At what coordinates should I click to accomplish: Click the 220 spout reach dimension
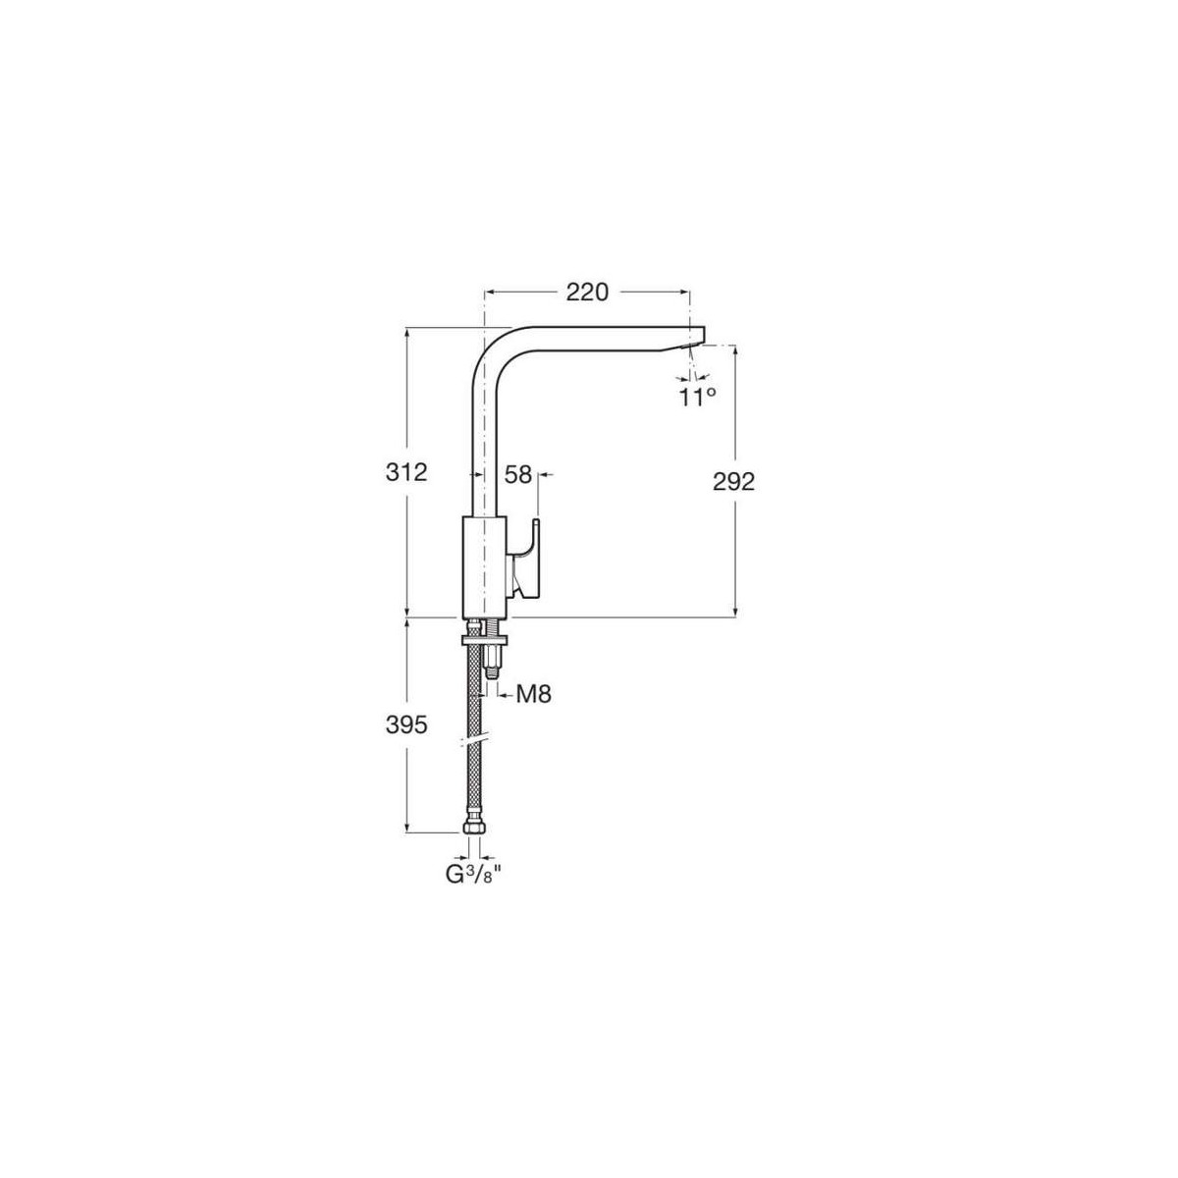(x=587, y=293)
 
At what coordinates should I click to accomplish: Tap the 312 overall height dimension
(x=405, y=472)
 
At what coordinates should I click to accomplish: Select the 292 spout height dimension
(x=733, y=482)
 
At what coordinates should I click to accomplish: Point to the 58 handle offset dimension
(x=517, y=474)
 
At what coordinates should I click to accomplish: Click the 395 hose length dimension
(x=405, y=725)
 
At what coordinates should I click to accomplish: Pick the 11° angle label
(x=698, y=398)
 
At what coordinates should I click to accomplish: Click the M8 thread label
(x=534, y=694)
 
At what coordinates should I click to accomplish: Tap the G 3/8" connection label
(x=473, y=875)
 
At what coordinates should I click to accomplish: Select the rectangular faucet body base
(x=485, y=566)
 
